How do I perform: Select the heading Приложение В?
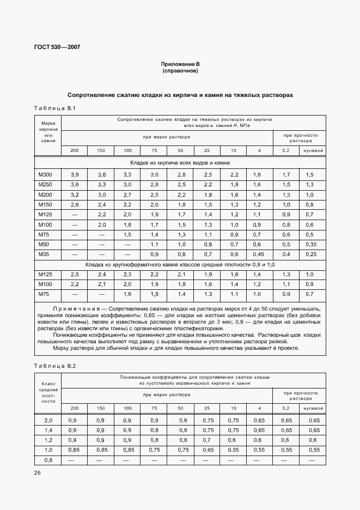point(180,64)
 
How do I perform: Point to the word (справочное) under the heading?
point(180,71)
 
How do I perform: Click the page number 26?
point(38,473)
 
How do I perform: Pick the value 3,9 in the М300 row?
point(75,174)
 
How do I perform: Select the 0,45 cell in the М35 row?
point(259,254)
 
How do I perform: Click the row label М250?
point(45,185)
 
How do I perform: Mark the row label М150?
point(45,204)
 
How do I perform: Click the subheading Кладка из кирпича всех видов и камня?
point(180,162)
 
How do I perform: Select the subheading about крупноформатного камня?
point(180,264)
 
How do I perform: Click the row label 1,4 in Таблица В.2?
point(48,430)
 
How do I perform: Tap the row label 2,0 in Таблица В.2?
point(48,420)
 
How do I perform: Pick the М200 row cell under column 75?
point(154,195)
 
